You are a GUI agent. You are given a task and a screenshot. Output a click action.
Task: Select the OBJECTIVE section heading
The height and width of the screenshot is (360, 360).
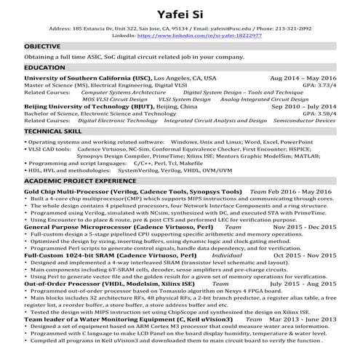click(42, 46)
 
